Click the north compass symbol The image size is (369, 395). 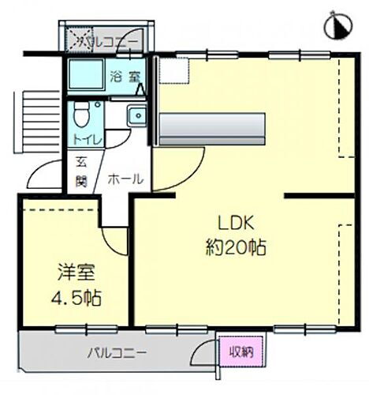click(337, 27)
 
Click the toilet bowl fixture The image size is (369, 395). click(80, 117)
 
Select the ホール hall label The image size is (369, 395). click(125, 179)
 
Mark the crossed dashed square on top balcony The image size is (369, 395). click(77, 39)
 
